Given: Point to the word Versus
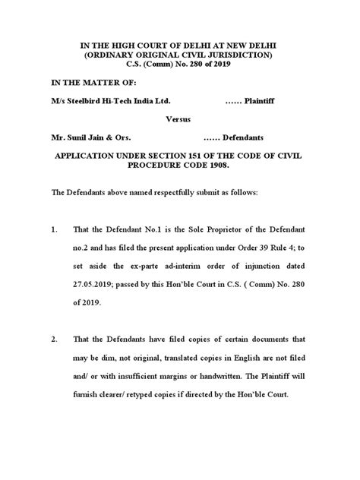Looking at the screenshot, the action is coord(181,118).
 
